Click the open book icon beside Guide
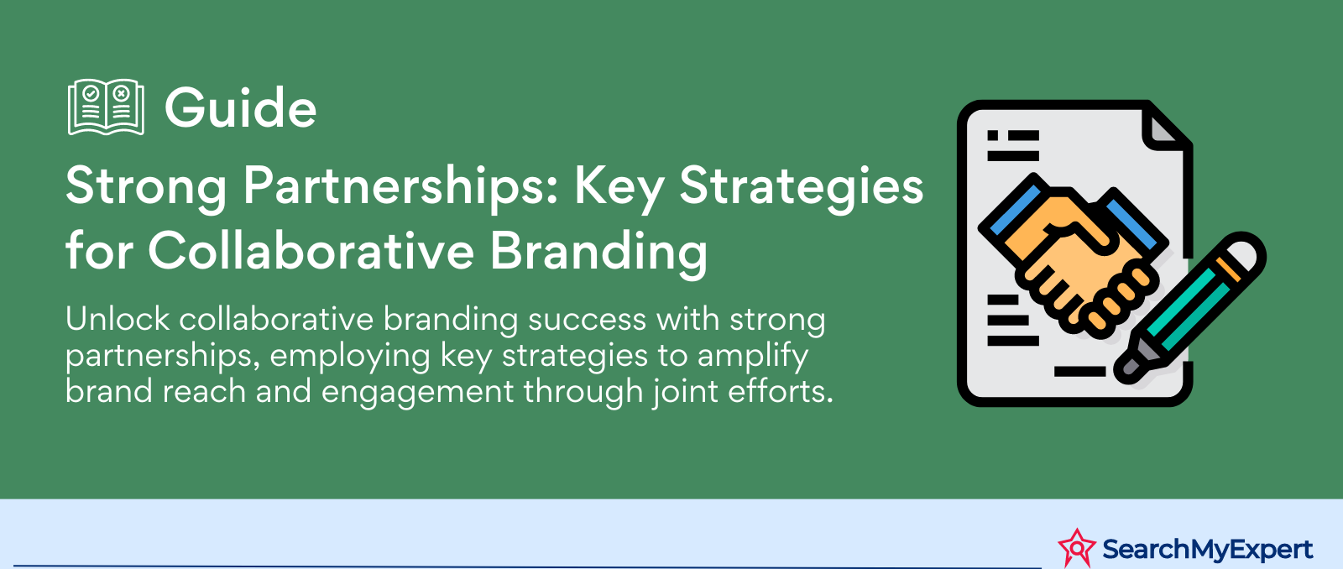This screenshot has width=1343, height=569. [106, 107]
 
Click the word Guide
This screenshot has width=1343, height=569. [240, 108]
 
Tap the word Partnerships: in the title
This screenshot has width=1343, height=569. [401, 188]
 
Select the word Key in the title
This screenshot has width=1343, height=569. [619, 188]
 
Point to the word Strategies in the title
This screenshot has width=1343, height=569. [801, 188]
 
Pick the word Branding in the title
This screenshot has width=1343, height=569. [598, 253]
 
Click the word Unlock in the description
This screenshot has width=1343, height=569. [118, 319]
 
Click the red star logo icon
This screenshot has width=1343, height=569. [1077, 547]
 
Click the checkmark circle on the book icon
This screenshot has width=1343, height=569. [91, 93]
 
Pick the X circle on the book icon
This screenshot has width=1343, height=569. [122, 93]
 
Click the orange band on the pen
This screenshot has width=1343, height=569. [1228, 269]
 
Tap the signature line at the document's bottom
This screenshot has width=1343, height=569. [1079, 372]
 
